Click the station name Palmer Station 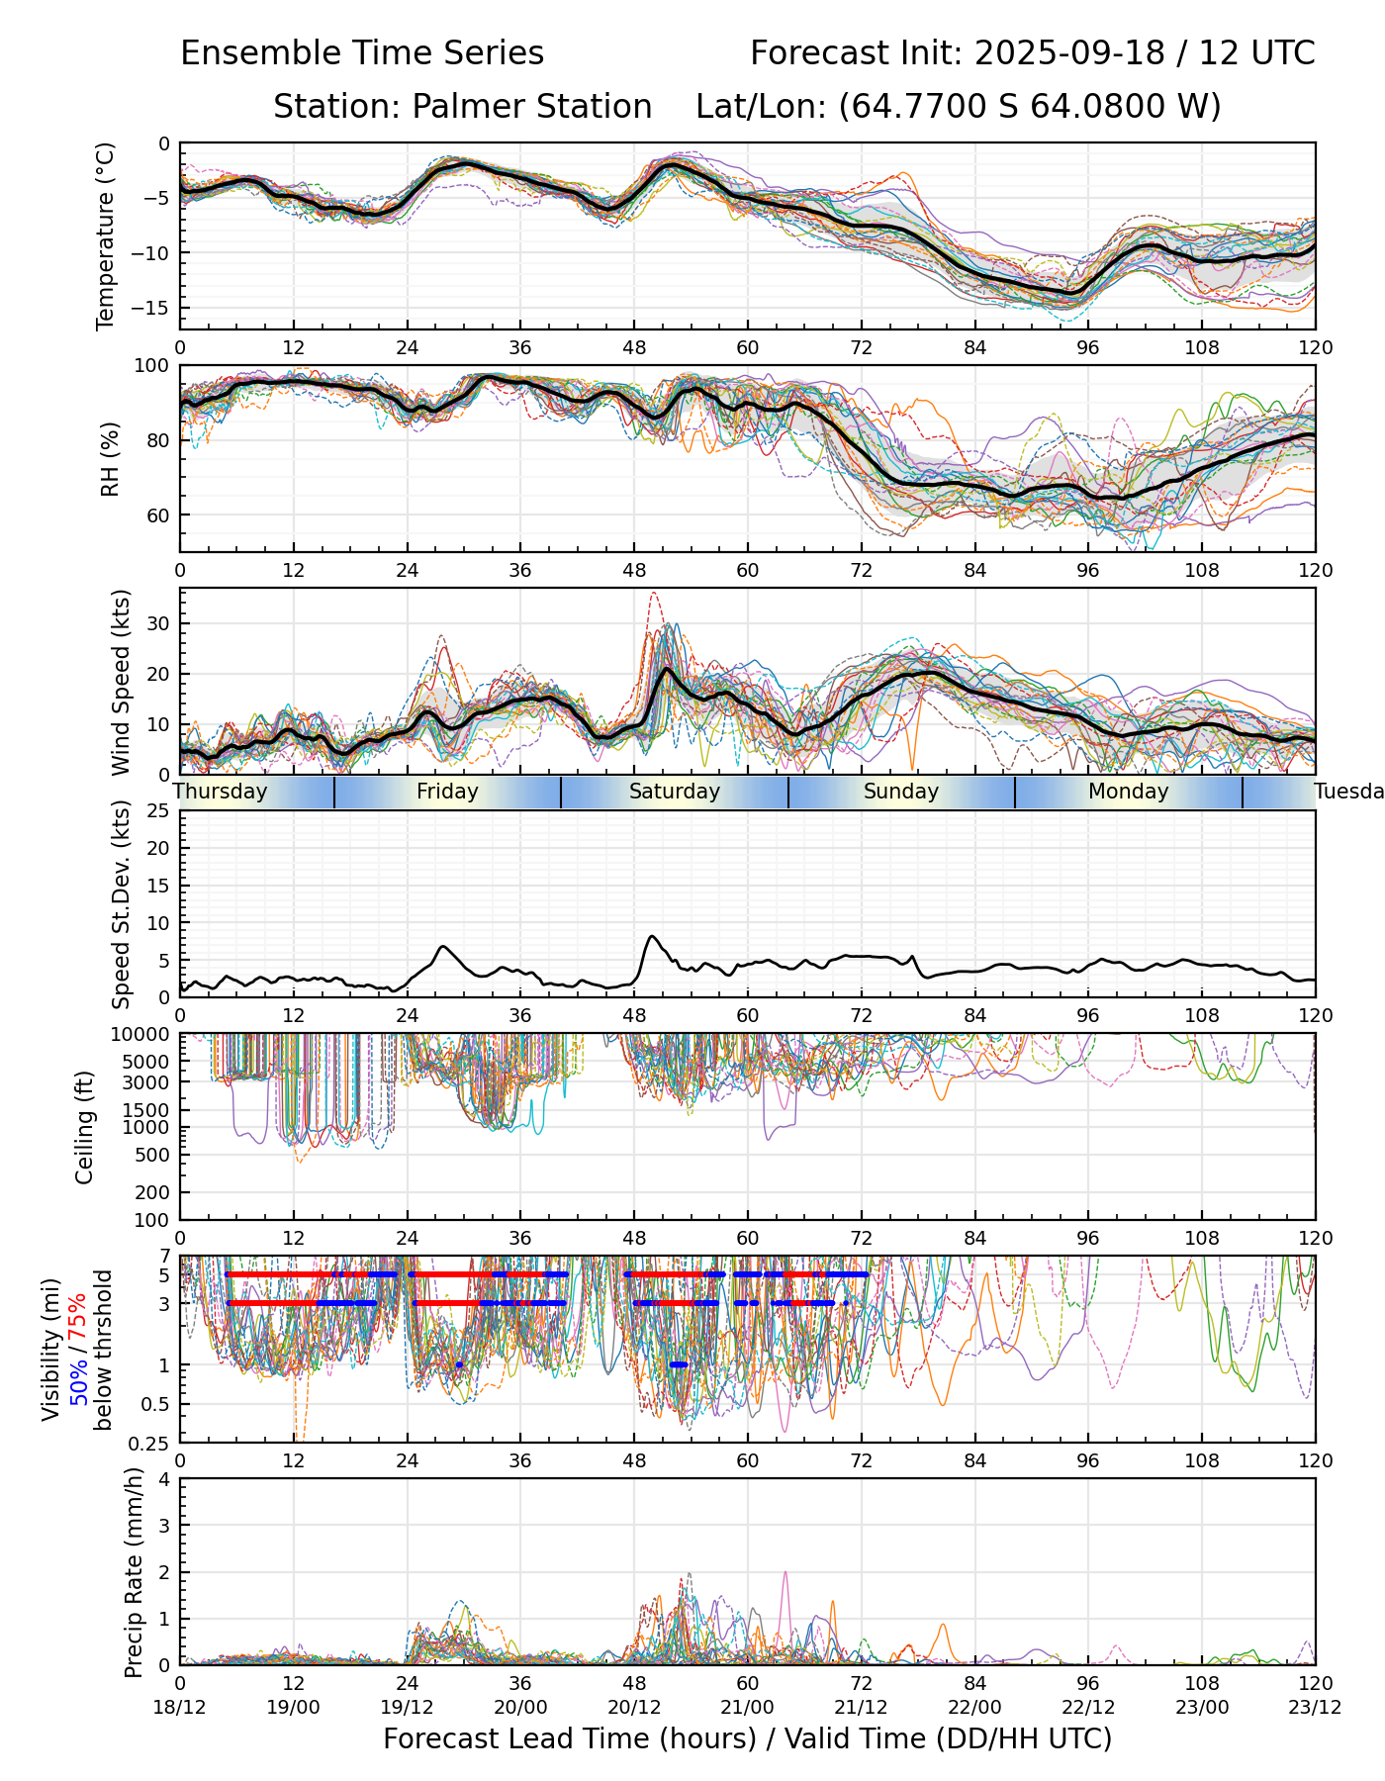[x=531, y=107]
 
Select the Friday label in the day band [x=447, y=792]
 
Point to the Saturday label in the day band [x=675, y=792]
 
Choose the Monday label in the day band [x=1129, y=792]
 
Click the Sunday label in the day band [x=901, y=792]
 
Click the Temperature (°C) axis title [x=106, y=235]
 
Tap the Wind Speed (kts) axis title [x=121, y=683]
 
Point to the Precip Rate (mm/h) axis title [x=134, y=1571]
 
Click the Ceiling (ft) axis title [x=85, y=1127]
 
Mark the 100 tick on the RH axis [x=152, y=366]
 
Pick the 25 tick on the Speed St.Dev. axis [x=158, y=811]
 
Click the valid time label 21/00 [x=748, y=1707]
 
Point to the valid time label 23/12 [x=1315, y=1707]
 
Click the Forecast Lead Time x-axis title [x=748, y=1738]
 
